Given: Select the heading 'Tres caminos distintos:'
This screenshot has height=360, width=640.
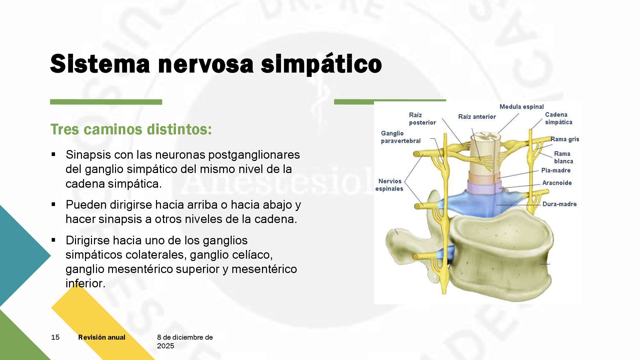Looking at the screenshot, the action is [131, 129].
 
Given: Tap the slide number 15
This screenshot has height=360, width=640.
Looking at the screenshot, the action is [55, 337].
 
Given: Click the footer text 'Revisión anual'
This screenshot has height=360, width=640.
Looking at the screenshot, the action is [102, 337].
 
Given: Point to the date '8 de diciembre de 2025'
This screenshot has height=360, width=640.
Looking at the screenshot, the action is [185, 341].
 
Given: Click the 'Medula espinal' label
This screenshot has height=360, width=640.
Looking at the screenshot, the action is [521, 107].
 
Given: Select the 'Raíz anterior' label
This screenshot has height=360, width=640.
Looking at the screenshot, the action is [477, 117].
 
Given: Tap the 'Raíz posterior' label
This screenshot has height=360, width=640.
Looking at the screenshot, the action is [422, 119].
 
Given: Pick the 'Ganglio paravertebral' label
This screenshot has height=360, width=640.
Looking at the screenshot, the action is [401, 137].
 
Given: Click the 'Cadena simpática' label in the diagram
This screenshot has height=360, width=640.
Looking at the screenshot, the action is [558, 118].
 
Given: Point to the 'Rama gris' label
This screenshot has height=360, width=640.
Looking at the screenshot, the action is [565, 139].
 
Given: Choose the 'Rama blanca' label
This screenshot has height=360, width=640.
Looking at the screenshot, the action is [563, 157].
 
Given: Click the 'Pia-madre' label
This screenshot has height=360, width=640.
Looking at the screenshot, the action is [556, 170].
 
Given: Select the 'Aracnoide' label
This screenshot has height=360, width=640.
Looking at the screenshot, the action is [557, 183].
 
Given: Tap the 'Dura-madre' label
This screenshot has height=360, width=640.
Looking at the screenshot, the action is [559, 204].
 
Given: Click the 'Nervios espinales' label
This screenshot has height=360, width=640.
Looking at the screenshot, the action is [389, 185].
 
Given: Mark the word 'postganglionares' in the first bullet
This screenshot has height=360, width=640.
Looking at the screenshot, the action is [254, 155].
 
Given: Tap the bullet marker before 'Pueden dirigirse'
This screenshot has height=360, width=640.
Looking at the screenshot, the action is [53, 204].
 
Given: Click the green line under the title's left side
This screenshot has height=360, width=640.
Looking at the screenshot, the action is [106, 102].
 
